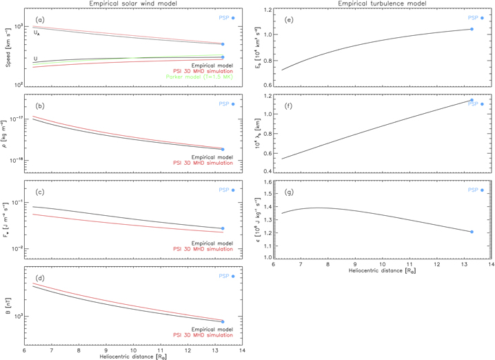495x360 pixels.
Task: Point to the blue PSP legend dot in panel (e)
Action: [482, 18]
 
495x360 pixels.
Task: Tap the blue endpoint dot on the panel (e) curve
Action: [472, 29]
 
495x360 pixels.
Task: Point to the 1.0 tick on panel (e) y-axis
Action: [267, 34]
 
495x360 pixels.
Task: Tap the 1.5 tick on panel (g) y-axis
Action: [267, 193]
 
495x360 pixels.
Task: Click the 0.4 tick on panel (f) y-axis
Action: [267, 171]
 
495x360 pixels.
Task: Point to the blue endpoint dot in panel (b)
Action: [223, 149]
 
